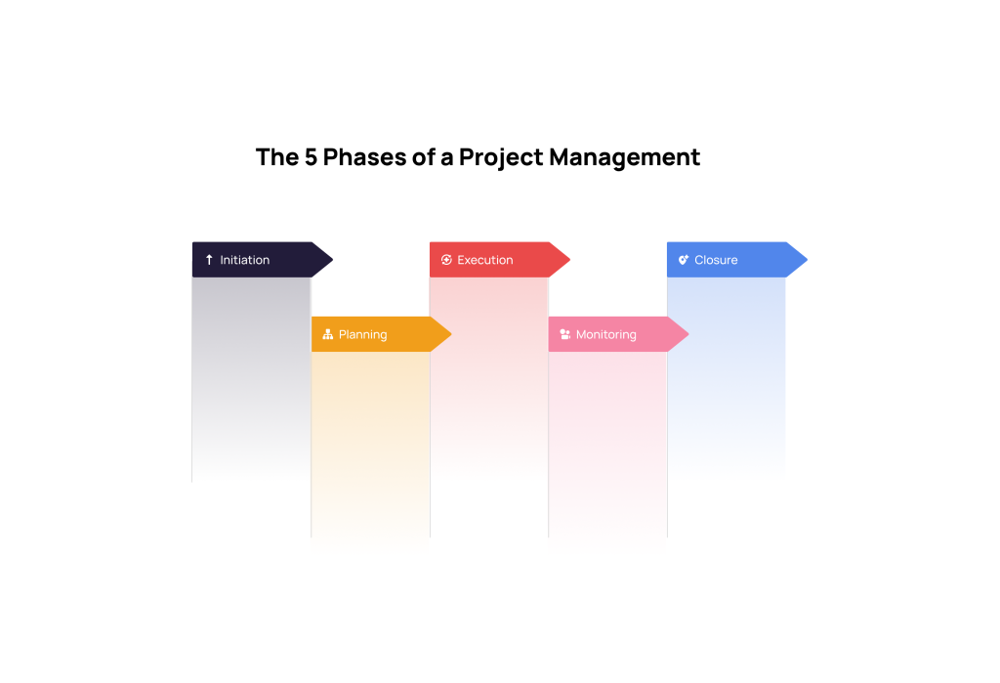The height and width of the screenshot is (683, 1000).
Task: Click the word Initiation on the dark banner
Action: pos(244,260)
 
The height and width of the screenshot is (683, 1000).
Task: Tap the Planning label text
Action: pos(362,334)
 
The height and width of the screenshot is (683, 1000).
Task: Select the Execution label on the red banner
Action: pos(484,260)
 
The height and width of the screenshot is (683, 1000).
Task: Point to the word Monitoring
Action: pos(605,334)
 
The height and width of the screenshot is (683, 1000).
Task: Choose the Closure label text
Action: pos(716,260)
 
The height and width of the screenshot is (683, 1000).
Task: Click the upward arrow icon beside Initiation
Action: pos(209,260)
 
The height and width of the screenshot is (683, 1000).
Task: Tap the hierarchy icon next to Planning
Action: pos(327,334)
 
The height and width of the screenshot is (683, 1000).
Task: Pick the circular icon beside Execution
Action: pos(446,260)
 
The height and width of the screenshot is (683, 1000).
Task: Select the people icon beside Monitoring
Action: pos(564,334)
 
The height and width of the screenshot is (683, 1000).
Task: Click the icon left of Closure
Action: pos(684,260)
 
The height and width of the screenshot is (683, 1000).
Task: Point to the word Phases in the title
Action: pos(366,157)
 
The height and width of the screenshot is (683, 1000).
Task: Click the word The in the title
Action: pos(274,157)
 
